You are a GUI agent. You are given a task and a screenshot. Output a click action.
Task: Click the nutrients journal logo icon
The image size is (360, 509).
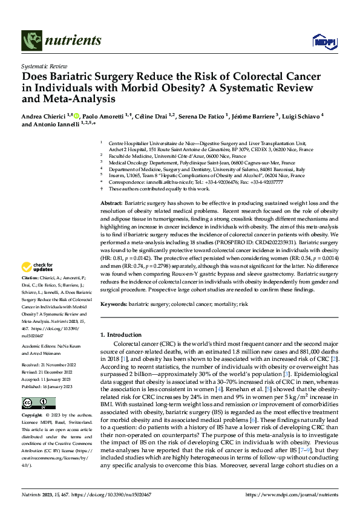click(31, 41)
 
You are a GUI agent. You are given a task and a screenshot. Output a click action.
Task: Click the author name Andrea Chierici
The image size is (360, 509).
click(44, 115)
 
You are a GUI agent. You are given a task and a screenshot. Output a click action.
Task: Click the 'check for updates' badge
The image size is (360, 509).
click(38, 267)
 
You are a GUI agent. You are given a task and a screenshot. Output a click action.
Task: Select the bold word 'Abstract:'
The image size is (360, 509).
click(112, 203)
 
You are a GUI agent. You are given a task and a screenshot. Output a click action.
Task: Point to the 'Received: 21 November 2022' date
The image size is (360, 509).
click(48, 366)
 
